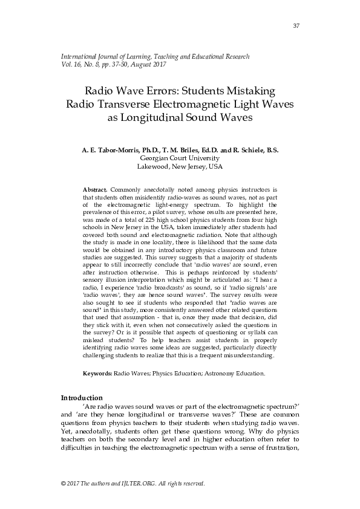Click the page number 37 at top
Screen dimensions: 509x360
coord(296,25)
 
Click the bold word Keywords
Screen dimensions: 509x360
coord(97,374)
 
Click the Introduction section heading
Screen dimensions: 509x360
coord(82,398)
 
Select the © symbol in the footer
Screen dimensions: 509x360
coord(64,484)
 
